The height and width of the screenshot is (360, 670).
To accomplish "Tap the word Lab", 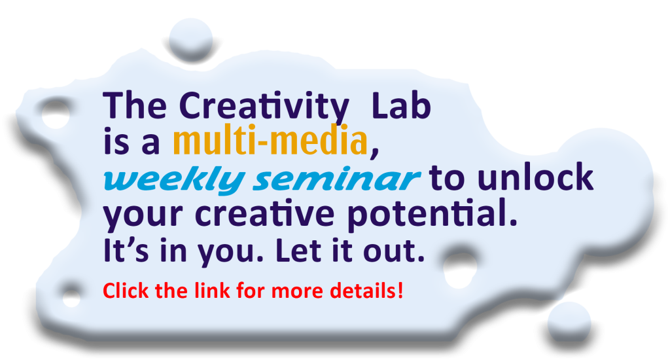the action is click(401, 105).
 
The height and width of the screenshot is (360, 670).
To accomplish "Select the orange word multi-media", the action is click(270, 141).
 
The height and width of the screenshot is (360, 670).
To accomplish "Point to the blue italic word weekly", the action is click(173, 179).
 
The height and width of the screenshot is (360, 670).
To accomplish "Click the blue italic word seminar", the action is click(336, 179).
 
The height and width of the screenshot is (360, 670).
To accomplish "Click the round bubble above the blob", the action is click(190, 39).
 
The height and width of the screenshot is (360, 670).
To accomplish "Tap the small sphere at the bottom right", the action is click(569, 322).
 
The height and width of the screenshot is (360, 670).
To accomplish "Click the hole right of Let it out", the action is click(460, 269).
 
